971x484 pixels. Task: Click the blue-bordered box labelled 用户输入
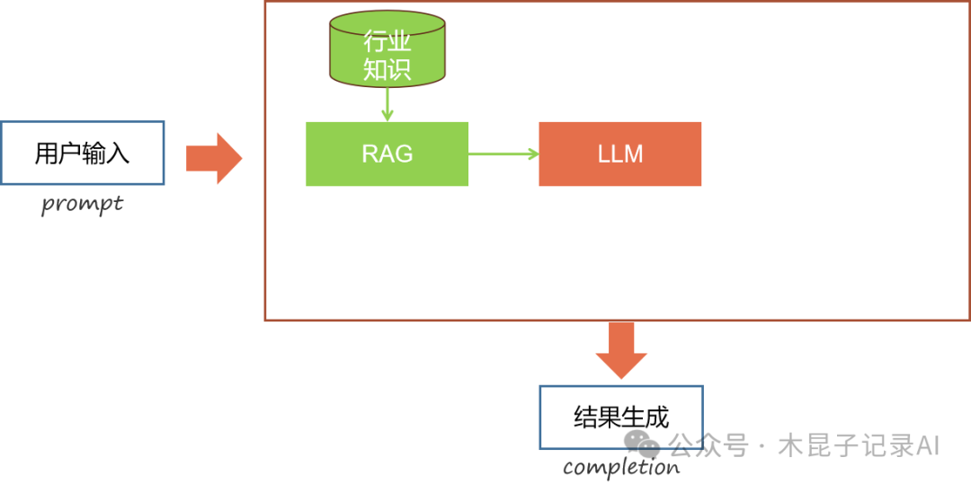click(x=82, y=153)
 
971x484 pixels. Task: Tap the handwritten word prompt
click(x=82, y=205)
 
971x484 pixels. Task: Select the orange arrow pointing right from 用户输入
click(x=213, y=158)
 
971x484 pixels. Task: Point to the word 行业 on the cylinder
click(x=388, y=41)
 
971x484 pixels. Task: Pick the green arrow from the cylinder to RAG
click(x=388, y=103)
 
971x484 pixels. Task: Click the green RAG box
click(x=387, y=154)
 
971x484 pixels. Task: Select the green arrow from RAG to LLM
click(x=503, y=154)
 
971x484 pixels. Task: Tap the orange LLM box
click(x=619, y=154)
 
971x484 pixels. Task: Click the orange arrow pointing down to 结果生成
click(x=621, y=349)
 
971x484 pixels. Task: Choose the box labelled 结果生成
click(x=620, y=417)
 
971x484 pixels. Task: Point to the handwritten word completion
click(x=621, y=468)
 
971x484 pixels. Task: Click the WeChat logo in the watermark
click(x=645, y=443)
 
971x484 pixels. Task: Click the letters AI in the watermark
click(x=928, y=444)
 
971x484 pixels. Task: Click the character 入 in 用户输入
click(x=118, y=154)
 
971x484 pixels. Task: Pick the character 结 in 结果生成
click(x=585, y=418)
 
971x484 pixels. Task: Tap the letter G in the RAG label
click(x=403, y=154)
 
